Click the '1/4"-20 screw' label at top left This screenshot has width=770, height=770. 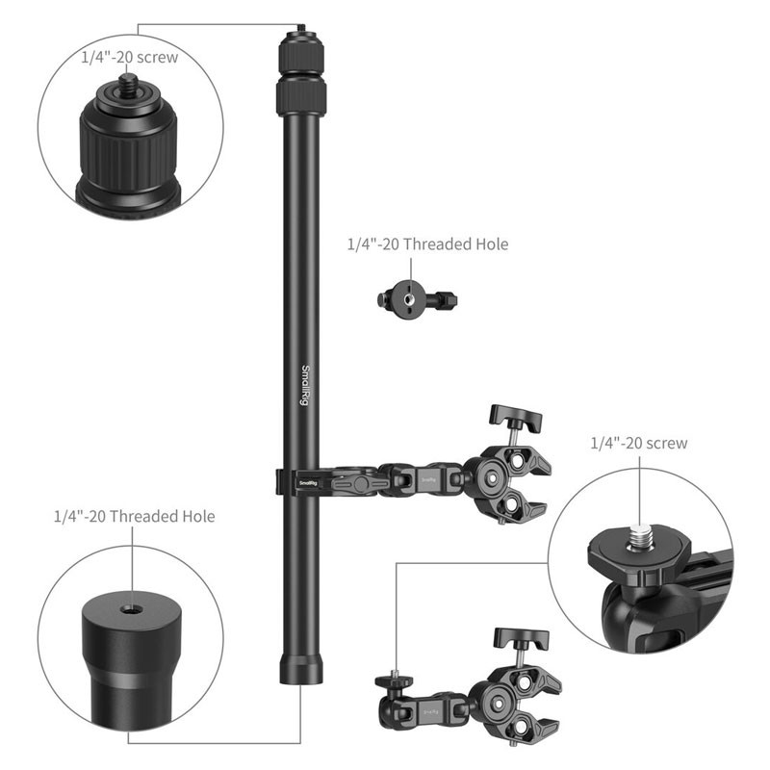130,58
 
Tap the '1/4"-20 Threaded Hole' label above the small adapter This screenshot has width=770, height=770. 427,244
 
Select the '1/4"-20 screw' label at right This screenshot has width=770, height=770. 638,443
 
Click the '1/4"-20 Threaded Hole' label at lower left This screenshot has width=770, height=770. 134,516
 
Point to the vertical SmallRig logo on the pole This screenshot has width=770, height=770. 305,386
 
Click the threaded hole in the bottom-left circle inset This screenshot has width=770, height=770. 131,610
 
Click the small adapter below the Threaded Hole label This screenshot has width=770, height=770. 417,299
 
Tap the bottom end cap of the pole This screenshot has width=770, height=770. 300,669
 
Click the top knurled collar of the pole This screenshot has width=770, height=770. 301,53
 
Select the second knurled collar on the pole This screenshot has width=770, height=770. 301,97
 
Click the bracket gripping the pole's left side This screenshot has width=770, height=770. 279,482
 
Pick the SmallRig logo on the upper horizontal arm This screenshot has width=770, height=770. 308,483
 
